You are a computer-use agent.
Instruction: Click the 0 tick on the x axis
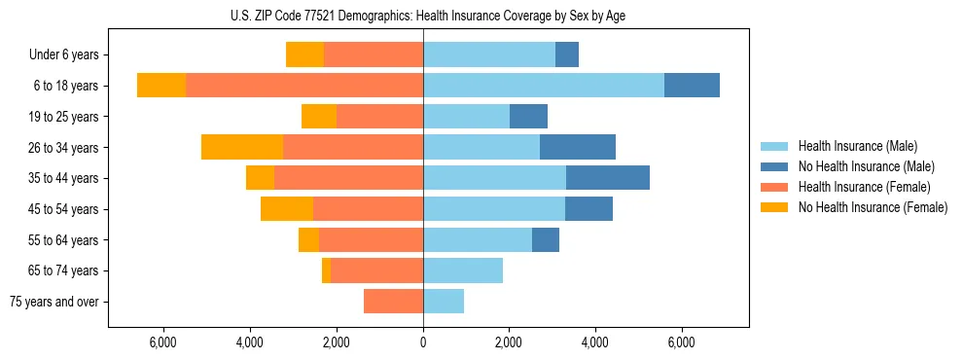click(x=423, y=342)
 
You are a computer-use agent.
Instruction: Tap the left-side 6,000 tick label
click(x=163, y=342)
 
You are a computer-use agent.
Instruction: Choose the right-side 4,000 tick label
click(x=595, y=342)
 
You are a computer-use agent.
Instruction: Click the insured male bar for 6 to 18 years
click(x=544, y=86)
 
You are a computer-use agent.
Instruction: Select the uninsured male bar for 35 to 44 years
click(x=608, y=178)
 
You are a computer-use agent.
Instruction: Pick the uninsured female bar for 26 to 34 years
click(x=242, y=147)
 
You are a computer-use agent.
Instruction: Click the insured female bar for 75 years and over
click(x=393, y=302)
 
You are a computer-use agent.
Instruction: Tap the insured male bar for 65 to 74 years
click(x=463, y=270)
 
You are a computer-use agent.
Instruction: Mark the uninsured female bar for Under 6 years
click(x=304, y=54)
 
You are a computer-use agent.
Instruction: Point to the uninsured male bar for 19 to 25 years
click(x=528, y=117)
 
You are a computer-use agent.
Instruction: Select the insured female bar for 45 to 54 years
click(x=368, y=209)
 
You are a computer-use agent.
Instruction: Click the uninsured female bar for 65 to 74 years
click(x=326, y=270)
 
